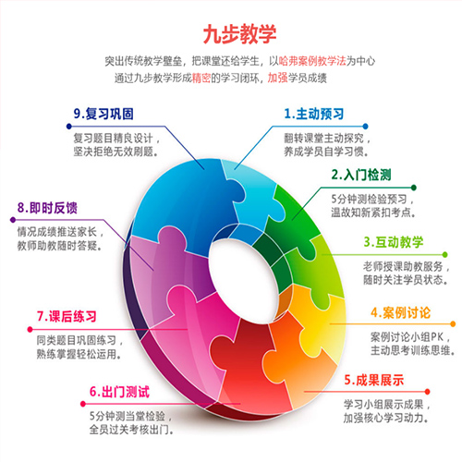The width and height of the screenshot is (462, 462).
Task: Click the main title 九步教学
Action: (x=239, y=34)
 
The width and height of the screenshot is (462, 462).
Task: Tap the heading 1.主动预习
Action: (x=314, y=114)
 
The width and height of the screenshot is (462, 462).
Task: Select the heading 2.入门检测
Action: (x=361, y=175)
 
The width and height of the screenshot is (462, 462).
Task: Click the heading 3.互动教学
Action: (x=394, y=242)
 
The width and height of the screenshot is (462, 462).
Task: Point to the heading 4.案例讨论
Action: (x=401, y=312)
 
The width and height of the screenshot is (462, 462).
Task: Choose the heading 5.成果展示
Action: (x=374, y=380)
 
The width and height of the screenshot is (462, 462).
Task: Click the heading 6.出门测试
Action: (x=119, y=392)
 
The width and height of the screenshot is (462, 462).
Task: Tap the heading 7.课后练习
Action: (x=67, y=316)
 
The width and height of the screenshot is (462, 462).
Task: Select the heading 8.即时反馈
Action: (x=47, y=208)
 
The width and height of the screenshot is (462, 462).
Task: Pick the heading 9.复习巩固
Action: (x=103, y=114)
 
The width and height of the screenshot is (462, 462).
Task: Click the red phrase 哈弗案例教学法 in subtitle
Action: (x=312, y=61)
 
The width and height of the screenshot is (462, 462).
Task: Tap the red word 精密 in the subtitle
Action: (x=201, y=78)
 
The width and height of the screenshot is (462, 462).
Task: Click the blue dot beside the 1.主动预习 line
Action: (x=365, y=127)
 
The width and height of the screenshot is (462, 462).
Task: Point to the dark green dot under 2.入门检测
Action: (x=414, y=188)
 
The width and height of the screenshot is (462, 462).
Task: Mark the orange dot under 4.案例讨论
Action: (x=453, y=323)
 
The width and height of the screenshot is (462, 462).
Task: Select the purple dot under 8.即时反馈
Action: (x=13, y=220)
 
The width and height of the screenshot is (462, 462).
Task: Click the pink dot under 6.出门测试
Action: (x=82, y=404)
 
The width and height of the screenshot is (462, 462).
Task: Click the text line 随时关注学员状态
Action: (x=406, y=280)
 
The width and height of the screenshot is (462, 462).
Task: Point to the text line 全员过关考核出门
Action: (x=131, y=430)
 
